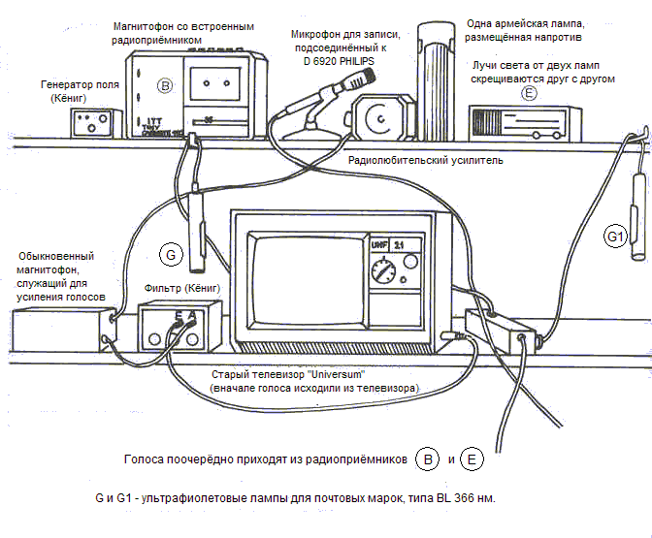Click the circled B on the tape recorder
click(x=165, y=86)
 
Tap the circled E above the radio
click(x=529, y=93)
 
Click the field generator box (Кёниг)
click(x=93, y=123)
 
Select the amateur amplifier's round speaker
click(x=379, y=118)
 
